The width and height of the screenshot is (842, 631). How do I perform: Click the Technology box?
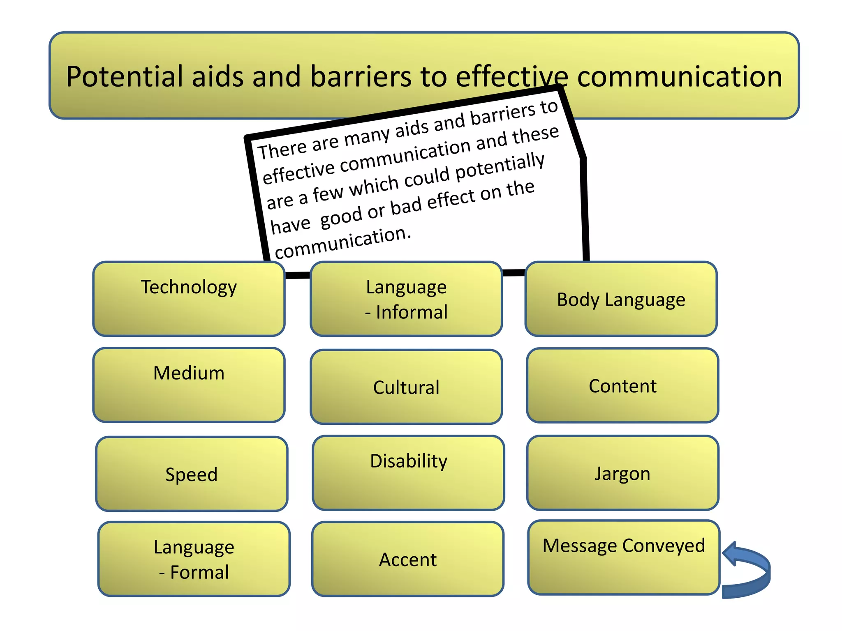click(x=189, y=299)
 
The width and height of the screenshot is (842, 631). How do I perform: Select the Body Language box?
click(x=621, y=299)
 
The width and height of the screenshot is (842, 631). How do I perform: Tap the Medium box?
click(x=189, y=385)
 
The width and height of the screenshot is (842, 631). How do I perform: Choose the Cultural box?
click(x=406, y=387)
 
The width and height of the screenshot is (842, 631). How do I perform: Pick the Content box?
click(x=622, y=386)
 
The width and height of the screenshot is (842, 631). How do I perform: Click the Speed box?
click(x=192, y=474)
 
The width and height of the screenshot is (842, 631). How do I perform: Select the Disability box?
click(x=408, y=473)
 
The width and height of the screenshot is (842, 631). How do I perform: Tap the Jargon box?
click(x=622, y=473)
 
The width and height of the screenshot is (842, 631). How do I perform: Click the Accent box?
click(x=407, y=559)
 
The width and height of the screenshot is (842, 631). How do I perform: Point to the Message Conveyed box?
click(x=624, y=557)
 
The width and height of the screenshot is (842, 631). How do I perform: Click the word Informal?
click(x=412, y=312)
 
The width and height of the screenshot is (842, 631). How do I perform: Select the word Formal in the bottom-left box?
click(x=199, y=572)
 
